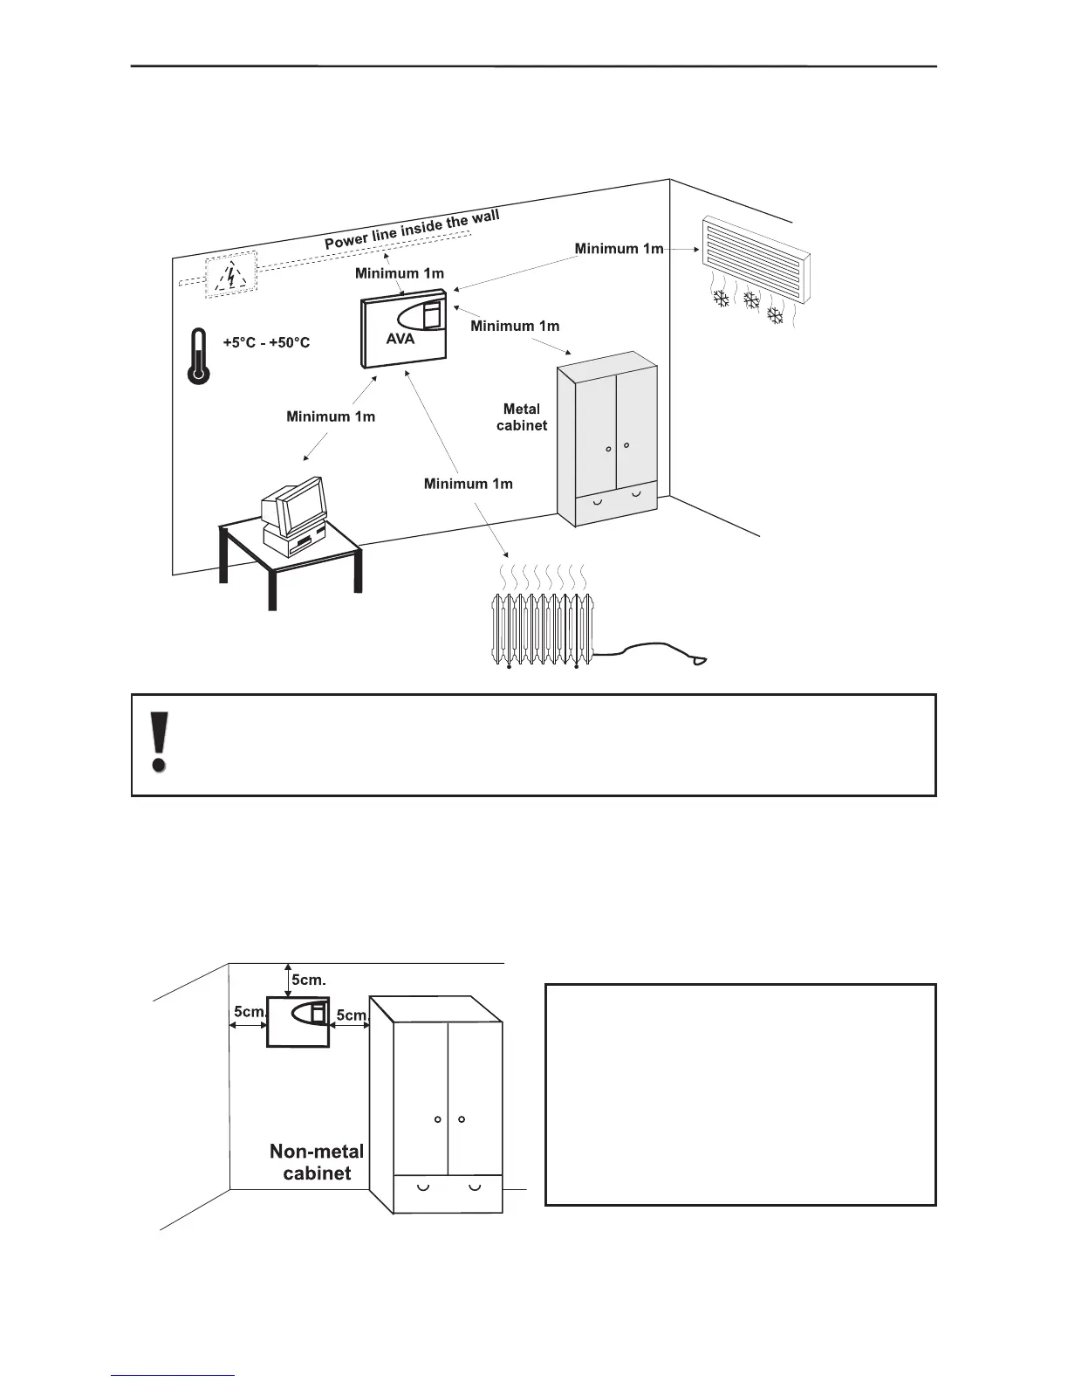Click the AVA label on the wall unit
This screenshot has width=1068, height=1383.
400,339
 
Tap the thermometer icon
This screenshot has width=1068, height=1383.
199,356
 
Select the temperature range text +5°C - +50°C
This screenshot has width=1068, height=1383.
266,343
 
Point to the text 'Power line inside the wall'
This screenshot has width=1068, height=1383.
412,230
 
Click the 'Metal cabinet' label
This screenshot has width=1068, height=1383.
522,417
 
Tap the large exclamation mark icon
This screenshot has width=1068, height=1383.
159,743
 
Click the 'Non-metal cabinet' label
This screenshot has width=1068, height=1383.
317,1163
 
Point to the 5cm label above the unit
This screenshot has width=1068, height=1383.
309,980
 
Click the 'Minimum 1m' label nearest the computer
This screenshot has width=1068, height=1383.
331,416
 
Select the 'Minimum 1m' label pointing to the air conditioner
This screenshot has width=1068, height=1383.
619,249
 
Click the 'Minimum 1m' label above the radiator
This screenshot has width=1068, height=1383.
468,483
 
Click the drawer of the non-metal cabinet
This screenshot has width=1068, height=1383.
448,1193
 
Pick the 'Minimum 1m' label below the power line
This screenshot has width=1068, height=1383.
399,273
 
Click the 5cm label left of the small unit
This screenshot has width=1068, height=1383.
249,1012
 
